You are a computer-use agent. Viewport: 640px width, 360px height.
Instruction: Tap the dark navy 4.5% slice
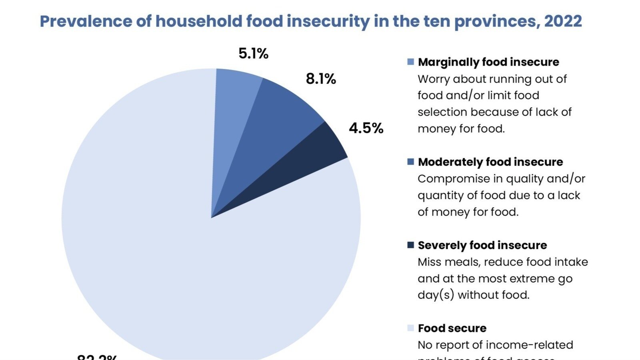tap(308, 160)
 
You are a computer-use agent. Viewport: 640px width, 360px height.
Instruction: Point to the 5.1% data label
tap(253, 54)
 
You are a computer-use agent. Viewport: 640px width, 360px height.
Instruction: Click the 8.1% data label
tap(321, 79)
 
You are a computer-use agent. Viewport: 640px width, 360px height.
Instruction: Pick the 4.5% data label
tap(366, 128)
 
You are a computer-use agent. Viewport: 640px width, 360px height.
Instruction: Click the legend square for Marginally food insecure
tap(410, 62)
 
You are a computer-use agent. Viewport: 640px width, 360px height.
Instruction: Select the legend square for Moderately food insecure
tap(410, 162)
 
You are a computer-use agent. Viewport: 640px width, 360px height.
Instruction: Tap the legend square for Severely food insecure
tap(410, 245)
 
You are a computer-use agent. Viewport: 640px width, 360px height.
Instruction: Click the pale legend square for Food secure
tap(410, 328)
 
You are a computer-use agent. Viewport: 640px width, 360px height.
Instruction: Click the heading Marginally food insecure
tap(488, 62)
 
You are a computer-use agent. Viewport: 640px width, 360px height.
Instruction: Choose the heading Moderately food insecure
tap(490, 162)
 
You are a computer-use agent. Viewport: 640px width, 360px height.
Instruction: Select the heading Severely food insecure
tap(482, 245)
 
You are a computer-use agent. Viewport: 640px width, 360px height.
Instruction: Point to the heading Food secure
tap(452, 328)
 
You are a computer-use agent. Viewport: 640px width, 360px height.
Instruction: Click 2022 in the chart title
tap(563, 21)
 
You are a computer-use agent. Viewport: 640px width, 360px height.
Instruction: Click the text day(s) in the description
tap(436, 295)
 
